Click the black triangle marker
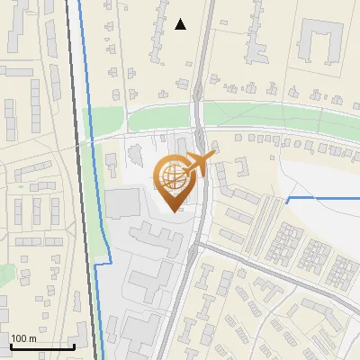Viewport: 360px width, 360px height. (181, 24)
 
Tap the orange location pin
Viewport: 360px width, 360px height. (176, 180)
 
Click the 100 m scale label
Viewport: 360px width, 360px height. (25, 338)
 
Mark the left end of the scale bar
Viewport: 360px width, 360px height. (11, 346)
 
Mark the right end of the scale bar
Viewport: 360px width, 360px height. (74, 346)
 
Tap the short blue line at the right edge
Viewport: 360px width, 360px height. (319, 196)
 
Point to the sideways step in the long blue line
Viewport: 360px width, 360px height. (103, 264)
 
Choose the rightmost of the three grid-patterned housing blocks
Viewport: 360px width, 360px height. (346, 265)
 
